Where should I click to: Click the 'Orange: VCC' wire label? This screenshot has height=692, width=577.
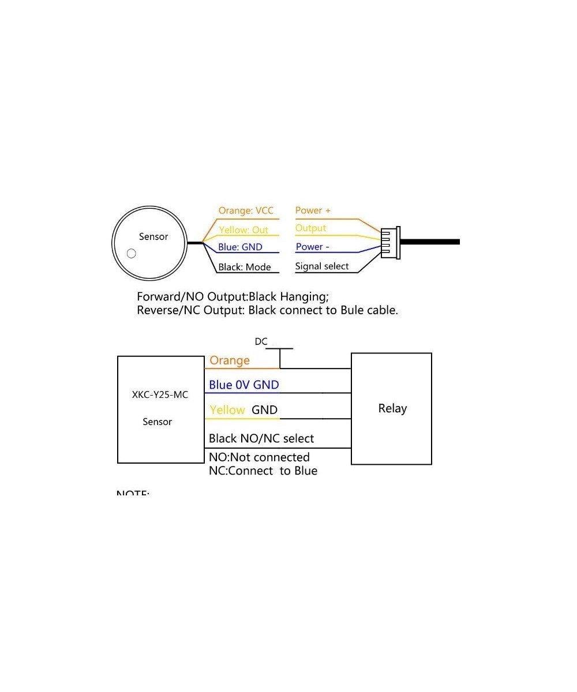coord(246,210)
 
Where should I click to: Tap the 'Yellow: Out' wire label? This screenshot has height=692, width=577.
coord(243,230)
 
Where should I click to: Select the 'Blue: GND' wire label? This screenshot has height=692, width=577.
coord(240,247)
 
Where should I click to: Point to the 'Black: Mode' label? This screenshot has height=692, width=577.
coord(245,267)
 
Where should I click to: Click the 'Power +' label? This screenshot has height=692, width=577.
coord(313,210)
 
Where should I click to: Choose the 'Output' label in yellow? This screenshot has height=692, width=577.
coord(310,228)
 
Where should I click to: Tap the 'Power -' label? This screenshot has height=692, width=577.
coord(312,247)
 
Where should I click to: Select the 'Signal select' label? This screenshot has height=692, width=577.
coord(322,266)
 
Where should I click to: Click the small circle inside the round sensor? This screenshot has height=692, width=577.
coord(132,253)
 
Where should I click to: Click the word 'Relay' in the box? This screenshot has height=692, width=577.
coord(392,408)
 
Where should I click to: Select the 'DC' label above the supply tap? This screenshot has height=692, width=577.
coord(261,341)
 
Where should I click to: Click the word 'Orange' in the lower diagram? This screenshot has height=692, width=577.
coord(230,360)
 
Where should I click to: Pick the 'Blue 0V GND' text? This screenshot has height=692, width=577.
coord(244,385)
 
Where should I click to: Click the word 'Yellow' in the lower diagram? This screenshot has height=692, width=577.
coord(227,410)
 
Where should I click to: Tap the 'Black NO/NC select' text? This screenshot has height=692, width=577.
coord(261,438)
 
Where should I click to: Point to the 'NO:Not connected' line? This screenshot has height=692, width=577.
coord(259,457)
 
